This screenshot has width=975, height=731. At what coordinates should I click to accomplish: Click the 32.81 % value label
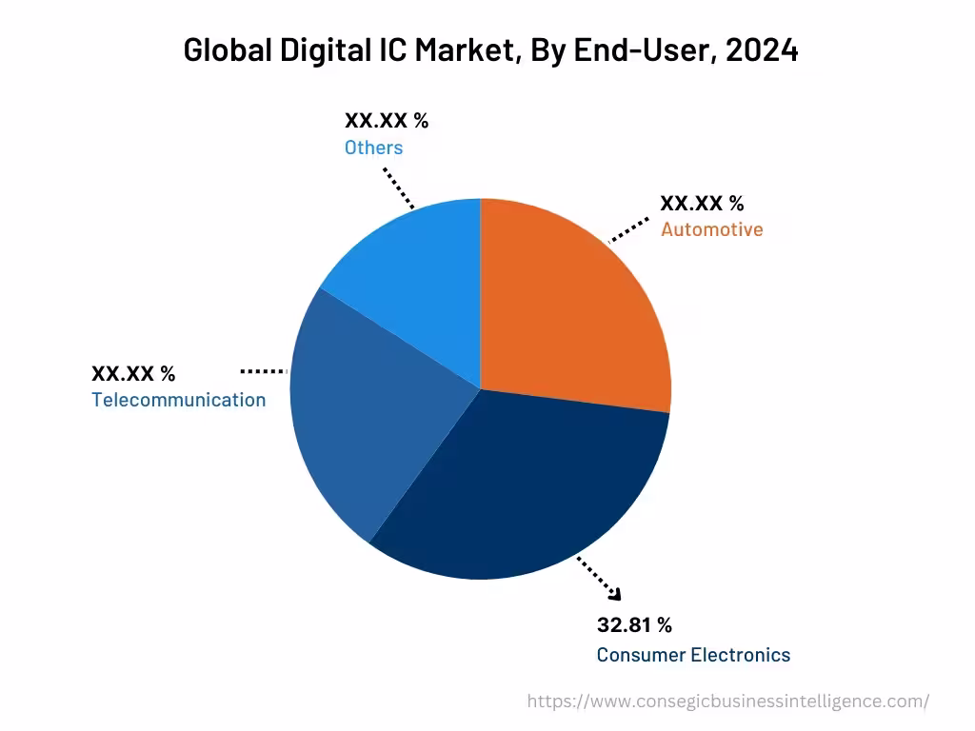tap(634, 625)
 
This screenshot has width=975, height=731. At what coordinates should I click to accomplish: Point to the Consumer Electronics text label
tap(693, 655)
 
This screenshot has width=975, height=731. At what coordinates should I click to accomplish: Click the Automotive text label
tap(711, 229)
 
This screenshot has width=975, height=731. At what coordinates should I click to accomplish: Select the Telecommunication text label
tap(179, 400)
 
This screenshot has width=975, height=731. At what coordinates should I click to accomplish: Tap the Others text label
tap(373, 148)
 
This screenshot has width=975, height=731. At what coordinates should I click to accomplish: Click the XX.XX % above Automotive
tap(702, 203)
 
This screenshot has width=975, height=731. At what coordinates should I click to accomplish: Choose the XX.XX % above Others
tap(386, 121)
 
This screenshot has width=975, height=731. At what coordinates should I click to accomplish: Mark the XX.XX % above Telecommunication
tap(133, 373)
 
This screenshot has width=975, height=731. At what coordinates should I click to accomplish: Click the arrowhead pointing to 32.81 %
tap(615, 595)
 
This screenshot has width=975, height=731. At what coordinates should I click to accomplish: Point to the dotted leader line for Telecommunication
tap(264, 370)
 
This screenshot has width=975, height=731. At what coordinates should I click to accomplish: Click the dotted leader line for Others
tap(399, 188)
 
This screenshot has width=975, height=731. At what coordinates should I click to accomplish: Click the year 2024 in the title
tap(762, 51)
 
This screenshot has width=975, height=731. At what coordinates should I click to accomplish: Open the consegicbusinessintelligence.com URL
tap(728, 701)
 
